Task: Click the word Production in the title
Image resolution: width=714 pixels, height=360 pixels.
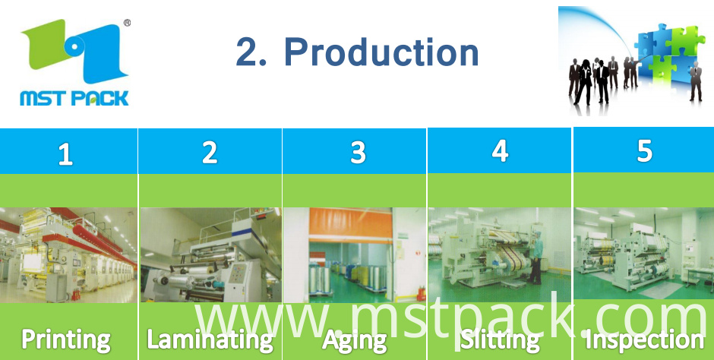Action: pyautogui.click(x=381, y=52)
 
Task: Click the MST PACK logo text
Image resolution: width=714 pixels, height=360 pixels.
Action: pyautogui.click(x=74, y=97)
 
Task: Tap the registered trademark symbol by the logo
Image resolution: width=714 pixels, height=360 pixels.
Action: pyautogui.click(x=127, y=22)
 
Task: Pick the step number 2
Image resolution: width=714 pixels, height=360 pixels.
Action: pyautogui.click(x=210, y=153)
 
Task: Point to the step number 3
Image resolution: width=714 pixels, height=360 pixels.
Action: pyautogui.click(x=358, y=153)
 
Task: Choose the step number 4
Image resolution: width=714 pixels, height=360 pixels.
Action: pyautogui.click(x=500, y=151)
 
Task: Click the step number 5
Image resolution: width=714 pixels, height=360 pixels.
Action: pyautogui.click(x=644, y=151)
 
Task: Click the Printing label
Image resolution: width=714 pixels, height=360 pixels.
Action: pyautogui.click(x=66, y=340)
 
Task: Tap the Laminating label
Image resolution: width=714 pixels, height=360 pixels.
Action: pyautogui.click(x=210, y=340)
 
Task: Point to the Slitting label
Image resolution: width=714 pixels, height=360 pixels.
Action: pyautogui.click(x=500, y=340)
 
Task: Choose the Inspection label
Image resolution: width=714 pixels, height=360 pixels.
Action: pyautogui.click(x=645, y=340)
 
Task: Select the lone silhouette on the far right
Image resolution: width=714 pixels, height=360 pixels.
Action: pyautogui.click(x=695, y=81)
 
